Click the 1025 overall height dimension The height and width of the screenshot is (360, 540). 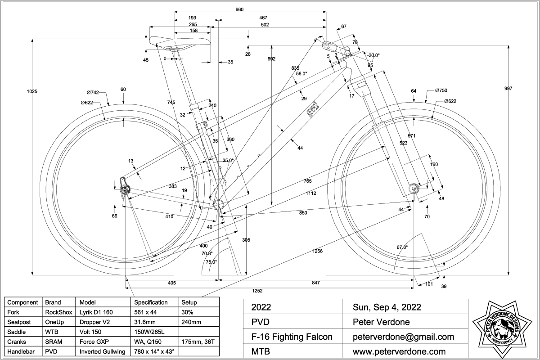(x=32, y=91)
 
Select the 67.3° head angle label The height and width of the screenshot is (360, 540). (x=402, y=247)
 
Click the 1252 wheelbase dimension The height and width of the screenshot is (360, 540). (x=257, y=290)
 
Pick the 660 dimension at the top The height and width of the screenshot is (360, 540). (x=239, y=9)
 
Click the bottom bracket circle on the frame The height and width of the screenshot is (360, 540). (x=219, y=203)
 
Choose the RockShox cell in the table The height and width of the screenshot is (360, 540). (x=56, y=311)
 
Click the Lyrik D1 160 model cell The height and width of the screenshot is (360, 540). (x=99, y=311)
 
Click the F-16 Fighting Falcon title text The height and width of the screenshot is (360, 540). (x=292, y=337)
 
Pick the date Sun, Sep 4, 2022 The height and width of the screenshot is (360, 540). (x=387, y=307)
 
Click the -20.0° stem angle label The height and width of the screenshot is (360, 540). (x=373, y=55)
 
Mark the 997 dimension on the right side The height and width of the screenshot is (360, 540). (x=508, y=89)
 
